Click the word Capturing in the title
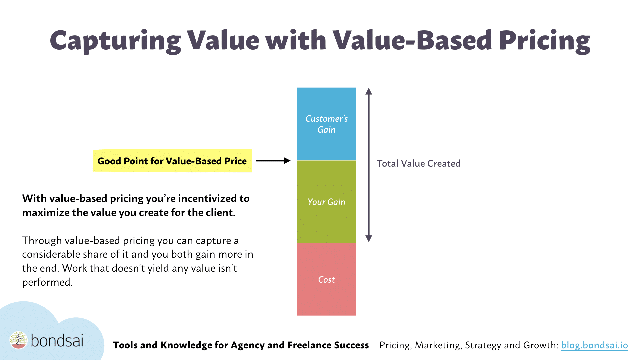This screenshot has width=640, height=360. point(115,41)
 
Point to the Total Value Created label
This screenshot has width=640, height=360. point(418,163)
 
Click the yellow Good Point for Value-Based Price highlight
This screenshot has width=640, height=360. point(172,161)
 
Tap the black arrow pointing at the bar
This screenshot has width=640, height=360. point(273,161)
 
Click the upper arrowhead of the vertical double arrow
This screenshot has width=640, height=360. point(369,92)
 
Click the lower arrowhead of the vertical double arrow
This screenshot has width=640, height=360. point(369,238)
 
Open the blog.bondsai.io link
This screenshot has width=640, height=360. point(594,345)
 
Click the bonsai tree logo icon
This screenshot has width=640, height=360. point(18,340)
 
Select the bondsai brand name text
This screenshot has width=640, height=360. point(57,341)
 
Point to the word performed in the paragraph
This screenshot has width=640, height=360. point(47,282)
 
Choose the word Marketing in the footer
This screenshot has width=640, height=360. point(438,345)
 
